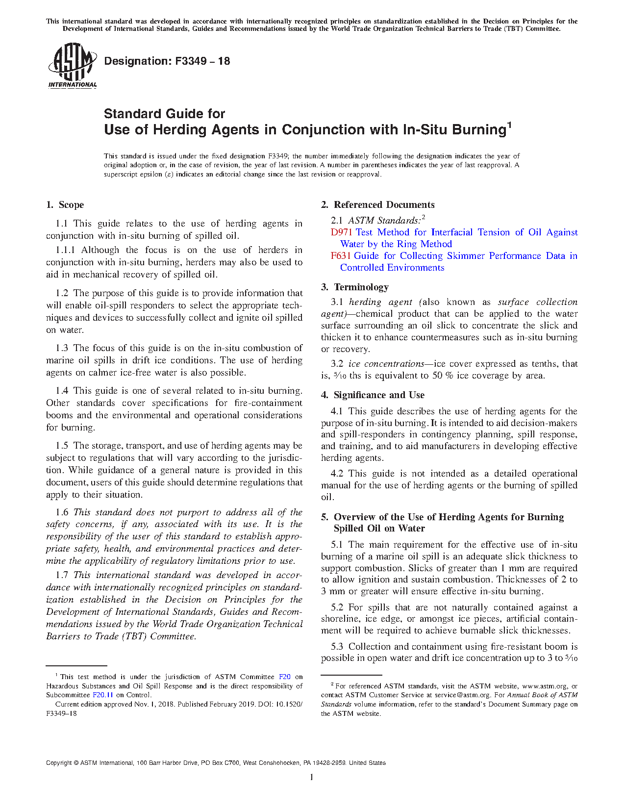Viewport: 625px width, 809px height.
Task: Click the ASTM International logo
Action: (72, 66)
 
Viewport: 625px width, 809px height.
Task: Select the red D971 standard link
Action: (341, 232)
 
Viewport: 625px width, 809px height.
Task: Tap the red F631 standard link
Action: (341, 256)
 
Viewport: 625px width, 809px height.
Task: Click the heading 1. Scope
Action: (65, 205)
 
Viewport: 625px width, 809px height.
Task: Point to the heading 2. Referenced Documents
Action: (378, 205)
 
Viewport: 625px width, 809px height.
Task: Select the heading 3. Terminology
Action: (355, 287)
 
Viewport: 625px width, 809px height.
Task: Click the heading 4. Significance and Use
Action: (373, 395)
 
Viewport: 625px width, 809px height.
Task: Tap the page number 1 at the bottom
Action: (312, 777)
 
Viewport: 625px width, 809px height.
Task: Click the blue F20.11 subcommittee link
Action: (103, 695)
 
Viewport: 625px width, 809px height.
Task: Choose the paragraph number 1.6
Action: (62, 512)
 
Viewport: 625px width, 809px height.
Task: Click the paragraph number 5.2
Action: (337, 607)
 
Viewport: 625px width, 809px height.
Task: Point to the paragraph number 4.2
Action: (337, 474)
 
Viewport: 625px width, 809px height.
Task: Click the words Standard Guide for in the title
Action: (164, 114)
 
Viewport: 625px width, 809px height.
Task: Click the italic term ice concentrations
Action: (386, 364)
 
